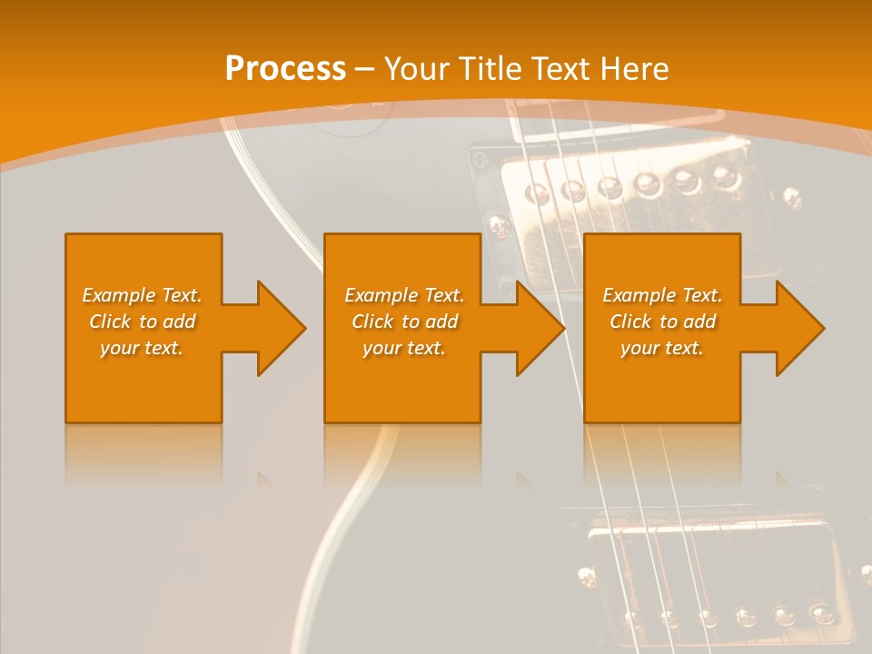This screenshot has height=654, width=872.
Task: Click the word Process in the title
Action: click(x=285, y=69)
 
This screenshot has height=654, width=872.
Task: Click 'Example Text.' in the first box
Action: click(x=142, y=295)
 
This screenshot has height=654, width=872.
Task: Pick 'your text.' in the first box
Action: click(x=142, y=348)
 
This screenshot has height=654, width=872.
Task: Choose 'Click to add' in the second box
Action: click(x=404, y=322)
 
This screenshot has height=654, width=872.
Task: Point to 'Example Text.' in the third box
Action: click(x=662, y=295)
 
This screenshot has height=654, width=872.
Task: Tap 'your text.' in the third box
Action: click(x=662, y=348)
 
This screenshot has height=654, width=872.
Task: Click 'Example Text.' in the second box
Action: click(x=404, y=295)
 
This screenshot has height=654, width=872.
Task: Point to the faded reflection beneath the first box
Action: click(x=144, y=454)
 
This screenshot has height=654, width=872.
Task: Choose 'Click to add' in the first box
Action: click(x=142, y=322)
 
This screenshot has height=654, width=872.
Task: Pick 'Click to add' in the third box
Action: click(x=662, y=322)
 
